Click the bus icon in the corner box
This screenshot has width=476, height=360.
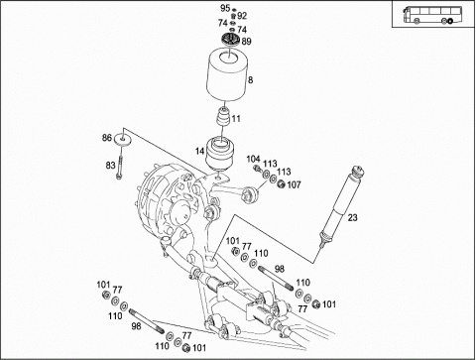pos(432,15)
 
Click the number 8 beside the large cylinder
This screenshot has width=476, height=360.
pos(251,79)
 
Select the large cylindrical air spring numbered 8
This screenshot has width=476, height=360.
pos(227,75)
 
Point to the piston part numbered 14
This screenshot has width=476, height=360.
pos(218,154)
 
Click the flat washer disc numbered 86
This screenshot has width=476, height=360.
pos(123,140)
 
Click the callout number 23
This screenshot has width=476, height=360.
pos(352,217)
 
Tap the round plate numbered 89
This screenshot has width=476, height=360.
pos(230,40)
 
